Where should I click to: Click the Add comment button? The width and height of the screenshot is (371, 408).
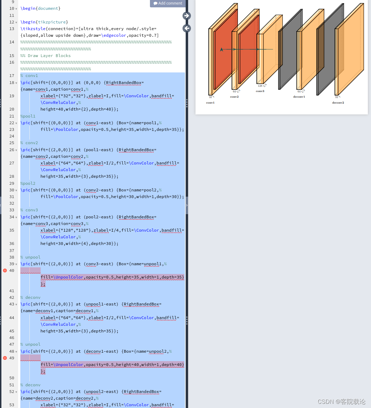168,3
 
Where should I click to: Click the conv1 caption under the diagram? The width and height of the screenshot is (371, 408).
210,103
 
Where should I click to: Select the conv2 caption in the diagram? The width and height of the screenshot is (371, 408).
234,97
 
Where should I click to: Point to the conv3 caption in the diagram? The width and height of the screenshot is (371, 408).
260,91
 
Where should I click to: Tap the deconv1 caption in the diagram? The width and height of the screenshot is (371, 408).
299,97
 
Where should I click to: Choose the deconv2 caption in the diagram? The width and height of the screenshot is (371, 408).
338,103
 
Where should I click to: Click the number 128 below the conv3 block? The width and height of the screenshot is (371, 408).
260,86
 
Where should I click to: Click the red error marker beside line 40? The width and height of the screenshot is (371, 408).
5,270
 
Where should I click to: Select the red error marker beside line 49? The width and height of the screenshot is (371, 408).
5,358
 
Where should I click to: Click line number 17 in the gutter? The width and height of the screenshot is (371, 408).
12,76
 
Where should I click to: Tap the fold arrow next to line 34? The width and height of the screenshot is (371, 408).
16,217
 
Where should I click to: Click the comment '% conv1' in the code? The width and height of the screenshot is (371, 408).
29,76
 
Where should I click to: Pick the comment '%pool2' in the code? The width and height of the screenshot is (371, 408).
28,183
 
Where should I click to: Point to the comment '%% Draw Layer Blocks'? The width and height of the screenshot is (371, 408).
46,56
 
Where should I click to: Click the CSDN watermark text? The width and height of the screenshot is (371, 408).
341,402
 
